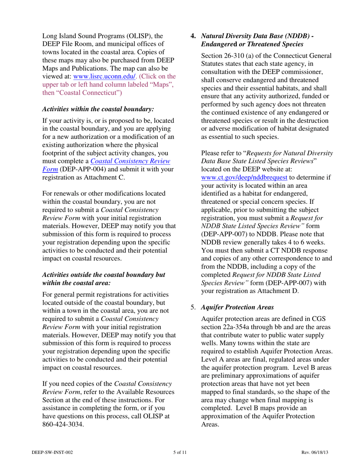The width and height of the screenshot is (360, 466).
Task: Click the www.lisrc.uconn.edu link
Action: [107, 76]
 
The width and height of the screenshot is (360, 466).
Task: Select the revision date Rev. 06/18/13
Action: [315, 452]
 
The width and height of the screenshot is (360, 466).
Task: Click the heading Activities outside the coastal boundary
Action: [103, 275]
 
